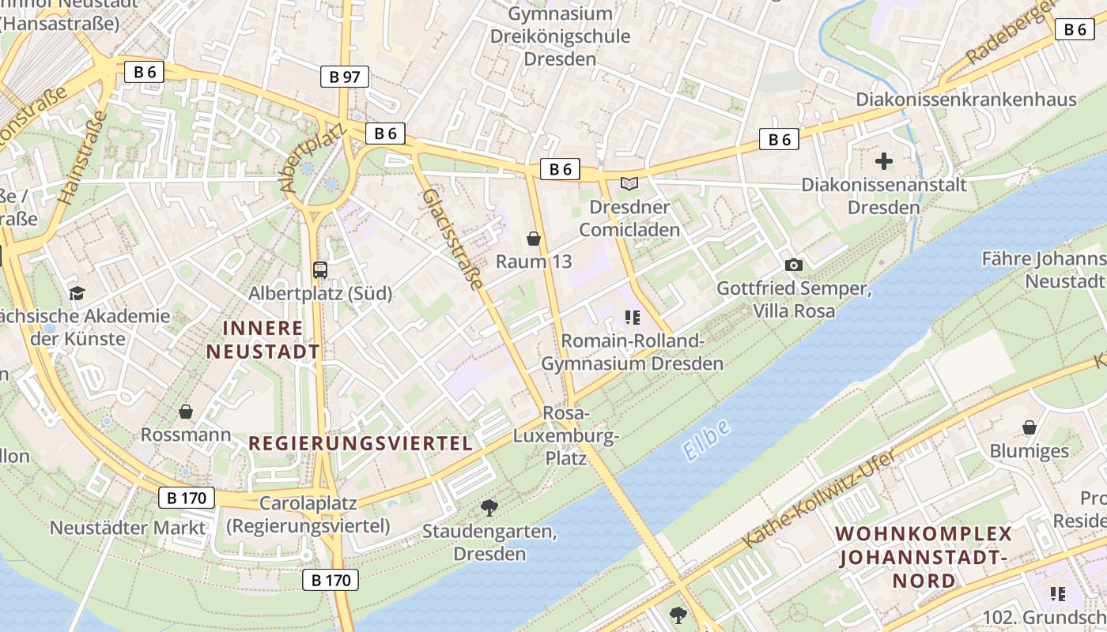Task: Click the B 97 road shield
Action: pos(345,77)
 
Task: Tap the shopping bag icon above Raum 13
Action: pos(534,239)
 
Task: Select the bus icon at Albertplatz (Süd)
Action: pos(320,270)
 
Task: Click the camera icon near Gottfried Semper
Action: pos(793,265)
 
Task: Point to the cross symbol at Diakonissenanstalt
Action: pos(884,162)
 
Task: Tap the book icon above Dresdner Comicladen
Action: pos(629,184)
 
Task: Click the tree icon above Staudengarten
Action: pos(489,507)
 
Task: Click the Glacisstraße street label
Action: pos(451,239)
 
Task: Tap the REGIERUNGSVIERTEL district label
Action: pos(361,443)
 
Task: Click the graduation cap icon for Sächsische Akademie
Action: pos(77,294)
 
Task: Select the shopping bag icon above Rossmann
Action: pos(186,412)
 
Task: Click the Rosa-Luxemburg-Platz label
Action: pos(565,435)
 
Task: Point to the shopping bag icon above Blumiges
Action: pos(1030,427)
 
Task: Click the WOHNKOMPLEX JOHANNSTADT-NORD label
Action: pos(924,557)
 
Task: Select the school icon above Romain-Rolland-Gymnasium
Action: pos(632,318)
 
